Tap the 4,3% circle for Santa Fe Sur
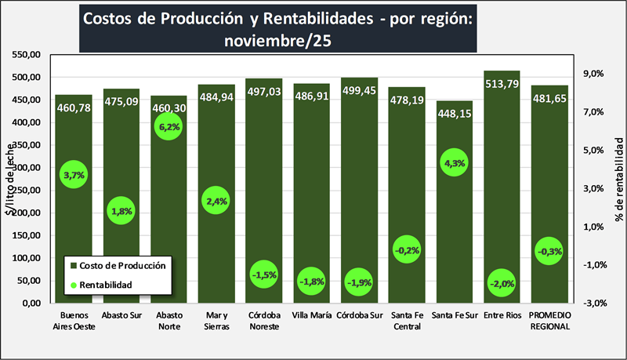coord(455,163)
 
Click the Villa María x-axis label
coord(312,317)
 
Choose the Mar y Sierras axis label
coord(216,322)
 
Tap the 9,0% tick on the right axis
coord(592,74)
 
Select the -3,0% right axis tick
coord(592,303)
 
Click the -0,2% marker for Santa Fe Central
coord(407,250)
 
